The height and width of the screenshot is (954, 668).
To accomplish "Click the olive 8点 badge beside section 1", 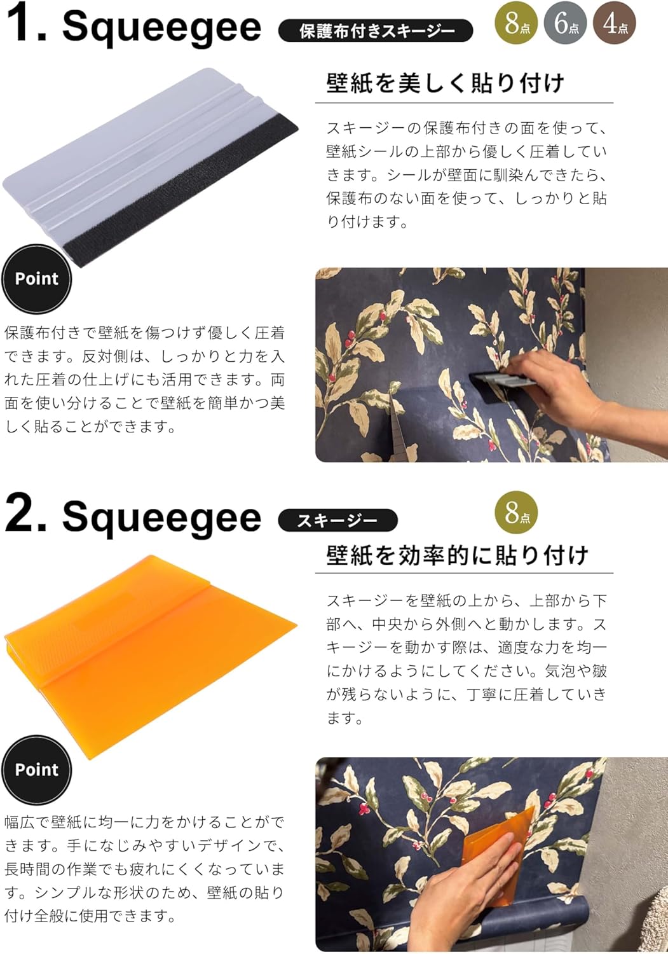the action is [516, 23].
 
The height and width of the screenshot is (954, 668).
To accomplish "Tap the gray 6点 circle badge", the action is [566, 23].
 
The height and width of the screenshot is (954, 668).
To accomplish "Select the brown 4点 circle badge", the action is [615, 23].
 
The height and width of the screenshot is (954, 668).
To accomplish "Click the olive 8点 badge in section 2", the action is [516, 513].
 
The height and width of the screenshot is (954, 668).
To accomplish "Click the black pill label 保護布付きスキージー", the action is [376, 31].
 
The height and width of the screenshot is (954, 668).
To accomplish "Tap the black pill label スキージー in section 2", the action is [337, 520].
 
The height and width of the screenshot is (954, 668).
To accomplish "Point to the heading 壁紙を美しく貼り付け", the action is [446, 83].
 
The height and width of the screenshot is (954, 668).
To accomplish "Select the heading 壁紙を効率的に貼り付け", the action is [458, 555].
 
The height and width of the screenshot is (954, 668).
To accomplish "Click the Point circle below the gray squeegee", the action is [37, 279].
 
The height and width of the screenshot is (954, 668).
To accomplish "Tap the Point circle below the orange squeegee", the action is [37, 770].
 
